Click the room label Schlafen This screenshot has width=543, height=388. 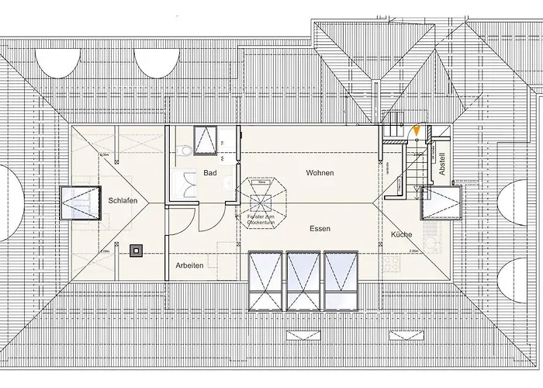click(x=123, y=200)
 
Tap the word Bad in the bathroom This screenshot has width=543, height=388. click(x=210, y=173)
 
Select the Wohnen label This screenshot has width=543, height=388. click(x=320, y=172)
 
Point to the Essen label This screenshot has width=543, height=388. click(x=320, y=229)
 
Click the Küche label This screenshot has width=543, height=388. click(x=402, y=234)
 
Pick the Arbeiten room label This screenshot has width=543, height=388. click(x=189, y=265)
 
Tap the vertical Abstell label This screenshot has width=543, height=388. click(x=442, y=164)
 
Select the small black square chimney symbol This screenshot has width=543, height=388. click(x=137, y=250)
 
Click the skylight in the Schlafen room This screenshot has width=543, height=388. click(x=81, y=203)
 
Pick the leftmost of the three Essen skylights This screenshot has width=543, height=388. click(x=265, y=280)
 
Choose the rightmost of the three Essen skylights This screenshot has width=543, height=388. click(x=342, y=280)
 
